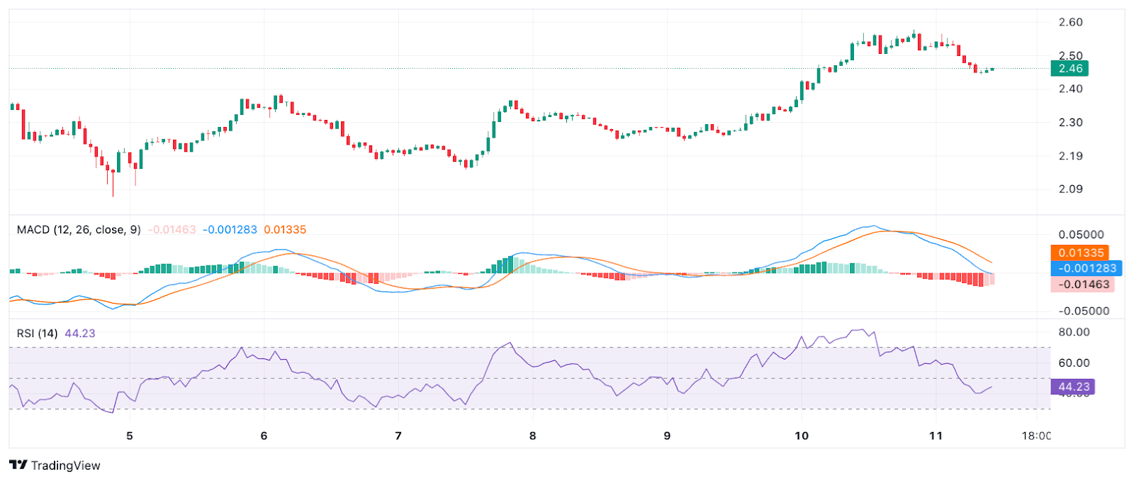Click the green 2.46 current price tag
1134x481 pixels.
tap(1070, 69)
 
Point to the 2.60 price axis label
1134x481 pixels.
tap(1070, 22)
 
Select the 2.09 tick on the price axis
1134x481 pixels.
tap(1070, 189)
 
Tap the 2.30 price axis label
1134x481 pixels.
tap(1070, 122)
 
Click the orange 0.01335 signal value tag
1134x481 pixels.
tap(1080, 253)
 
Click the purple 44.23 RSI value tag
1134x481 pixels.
tap(1074, 387)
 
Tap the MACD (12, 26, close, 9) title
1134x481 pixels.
tap(79, 230)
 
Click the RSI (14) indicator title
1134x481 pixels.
tap(38, 333)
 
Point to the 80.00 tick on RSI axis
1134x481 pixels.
tap(1074, 332)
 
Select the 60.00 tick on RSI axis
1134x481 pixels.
tap(1074, 363)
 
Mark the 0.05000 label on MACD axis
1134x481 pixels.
tap(1081, 235)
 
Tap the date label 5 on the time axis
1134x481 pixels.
tap(130, 436)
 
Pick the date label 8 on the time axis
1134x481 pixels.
tap(533, 436)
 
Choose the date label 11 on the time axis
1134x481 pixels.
tap(936, 436)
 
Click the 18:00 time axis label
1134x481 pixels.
tap(1036, 436)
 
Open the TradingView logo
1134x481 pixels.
tap(55, 465)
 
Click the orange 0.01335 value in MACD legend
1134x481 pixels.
tap(285, 230)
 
